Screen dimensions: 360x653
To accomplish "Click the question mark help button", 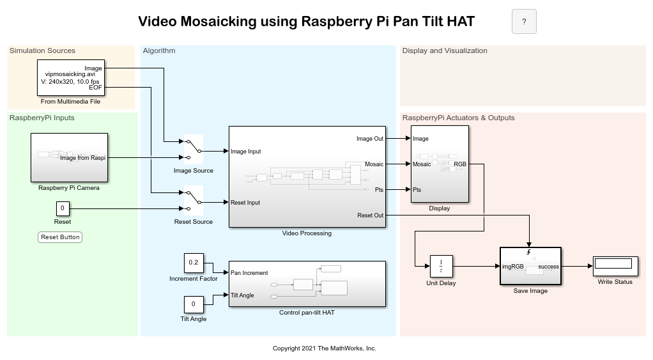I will [x=524, y=22].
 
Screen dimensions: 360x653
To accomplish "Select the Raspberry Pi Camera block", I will [x=69, y=157].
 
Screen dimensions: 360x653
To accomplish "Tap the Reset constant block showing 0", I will [x=63, y=208].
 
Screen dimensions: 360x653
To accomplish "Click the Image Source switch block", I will [x=194, y=150].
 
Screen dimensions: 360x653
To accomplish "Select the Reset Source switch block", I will [x=194, y=201].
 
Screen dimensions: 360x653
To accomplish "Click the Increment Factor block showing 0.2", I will [x=194, y=263].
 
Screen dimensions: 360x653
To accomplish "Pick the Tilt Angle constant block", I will [x=194, y=304].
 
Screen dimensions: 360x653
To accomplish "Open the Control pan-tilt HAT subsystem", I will [x=307, y=284].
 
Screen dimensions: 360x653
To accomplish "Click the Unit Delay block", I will [x=441, y=266].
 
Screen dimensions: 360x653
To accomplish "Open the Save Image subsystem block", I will [x=530, y=266].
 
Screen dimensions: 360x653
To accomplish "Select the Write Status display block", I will [x=615, y=266].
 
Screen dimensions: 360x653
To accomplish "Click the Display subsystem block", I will [x=440, y=164].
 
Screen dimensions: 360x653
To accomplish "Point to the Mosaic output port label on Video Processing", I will [x=374, y=164].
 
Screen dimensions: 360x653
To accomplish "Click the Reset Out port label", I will [x=370, y=215].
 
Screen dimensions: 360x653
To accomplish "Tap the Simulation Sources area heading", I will [x=42, y=51].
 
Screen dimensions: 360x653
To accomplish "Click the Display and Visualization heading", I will [x=445, y=51].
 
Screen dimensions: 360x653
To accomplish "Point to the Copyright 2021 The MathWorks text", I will [x=325, y=348].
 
